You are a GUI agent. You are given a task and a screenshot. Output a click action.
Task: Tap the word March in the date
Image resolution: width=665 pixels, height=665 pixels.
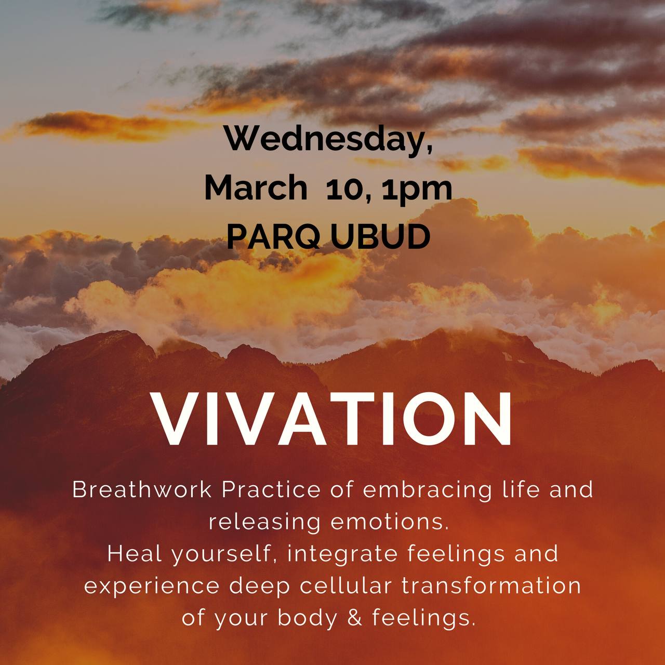pos(256,188)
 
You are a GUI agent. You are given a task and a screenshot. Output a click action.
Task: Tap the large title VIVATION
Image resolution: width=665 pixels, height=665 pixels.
pos(332,419)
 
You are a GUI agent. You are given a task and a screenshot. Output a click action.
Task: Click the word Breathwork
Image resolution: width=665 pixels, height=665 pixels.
pos(141,490)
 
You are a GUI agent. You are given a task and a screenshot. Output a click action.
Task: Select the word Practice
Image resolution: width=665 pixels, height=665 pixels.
pos(271,490)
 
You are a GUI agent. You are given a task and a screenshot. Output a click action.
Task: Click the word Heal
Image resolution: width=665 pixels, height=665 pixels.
pos(135,554)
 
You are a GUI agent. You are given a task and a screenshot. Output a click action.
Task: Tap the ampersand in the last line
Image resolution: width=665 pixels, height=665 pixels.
pos(355,618)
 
